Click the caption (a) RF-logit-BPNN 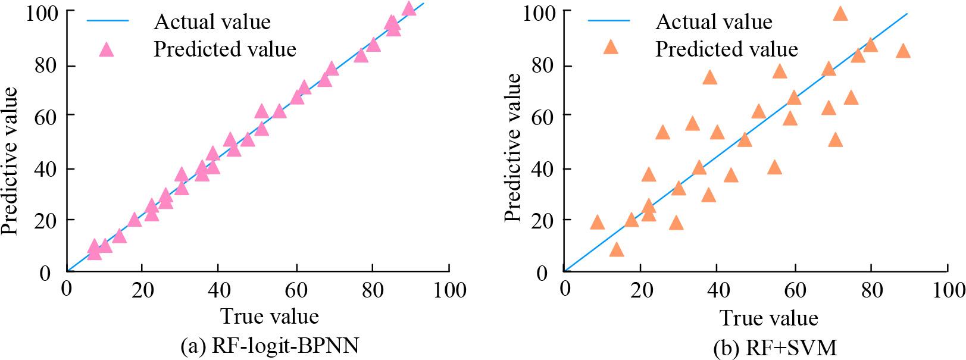tap(269, 345)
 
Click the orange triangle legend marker tap(611, 47)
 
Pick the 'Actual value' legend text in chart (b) tap(714, 22)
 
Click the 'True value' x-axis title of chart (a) tap(270, 315)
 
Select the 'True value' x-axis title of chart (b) tap(769, 318)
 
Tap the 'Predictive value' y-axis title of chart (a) tap(10, 160)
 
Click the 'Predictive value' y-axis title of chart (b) tap(513, 148)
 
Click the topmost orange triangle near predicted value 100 tap(840, 13)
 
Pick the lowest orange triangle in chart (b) tap(617, 249)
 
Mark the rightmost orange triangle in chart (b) tap(903, 51)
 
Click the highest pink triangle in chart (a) tap(409, 8)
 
